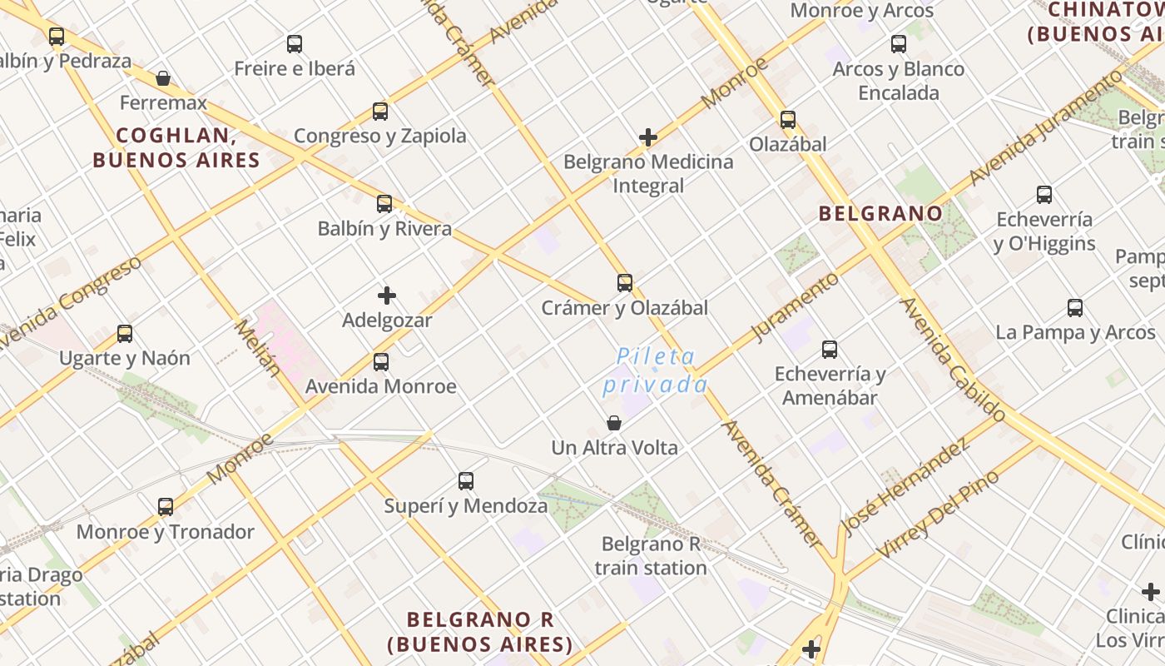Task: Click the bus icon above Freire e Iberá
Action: [x=295, y=44]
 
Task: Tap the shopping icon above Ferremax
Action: [x=163, y=78]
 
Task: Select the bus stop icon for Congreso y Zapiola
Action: [x=380, y=111]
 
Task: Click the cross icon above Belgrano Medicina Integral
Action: [x=648, y=137]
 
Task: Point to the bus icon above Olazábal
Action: [x=788, y=120]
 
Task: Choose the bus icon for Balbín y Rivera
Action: [x=384, y=203]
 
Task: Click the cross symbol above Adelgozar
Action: [x=387, y=296]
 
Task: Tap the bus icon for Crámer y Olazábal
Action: [x=625, y=283]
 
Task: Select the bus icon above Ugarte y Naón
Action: [x=125, y=334]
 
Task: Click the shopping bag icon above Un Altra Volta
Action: [x=614, y=423]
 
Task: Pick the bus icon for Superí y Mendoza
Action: [x=466, y=480]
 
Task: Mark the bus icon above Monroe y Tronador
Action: [x=166, y=506]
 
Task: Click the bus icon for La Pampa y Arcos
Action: [x=1075, y=308]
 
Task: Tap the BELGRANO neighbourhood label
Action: [x=880, y=213]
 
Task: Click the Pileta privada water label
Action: [x=656, y=370]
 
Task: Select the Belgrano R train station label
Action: [x=651, y=556]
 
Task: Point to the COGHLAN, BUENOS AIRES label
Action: [x=176, y=147]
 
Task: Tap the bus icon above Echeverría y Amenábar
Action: [x=830, y=350]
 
